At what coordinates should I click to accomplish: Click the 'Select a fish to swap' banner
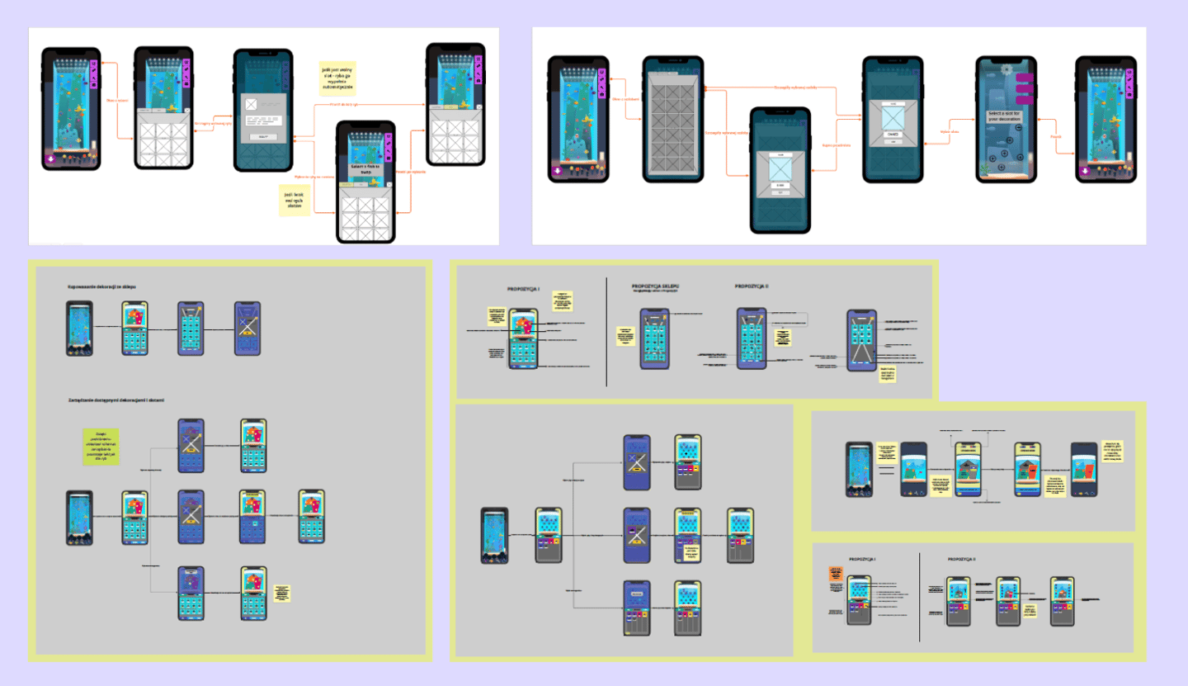click(365, 167)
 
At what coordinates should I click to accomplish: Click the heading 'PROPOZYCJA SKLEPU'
click(655, 286)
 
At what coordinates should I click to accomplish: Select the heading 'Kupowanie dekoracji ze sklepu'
click(101, 287)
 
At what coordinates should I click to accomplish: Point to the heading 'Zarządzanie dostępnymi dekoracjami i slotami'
click(116, 400)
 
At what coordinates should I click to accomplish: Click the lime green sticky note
click(101, 447)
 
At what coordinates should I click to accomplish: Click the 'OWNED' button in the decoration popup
click(893, 134)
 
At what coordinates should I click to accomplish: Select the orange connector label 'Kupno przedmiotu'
click(837, 145)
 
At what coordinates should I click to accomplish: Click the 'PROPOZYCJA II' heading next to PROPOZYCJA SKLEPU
click(752, 286)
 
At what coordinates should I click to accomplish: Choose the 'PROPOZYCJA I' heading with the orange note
click(862, 559)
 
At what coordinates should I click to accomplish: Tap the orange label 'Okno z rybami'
click(118, 101)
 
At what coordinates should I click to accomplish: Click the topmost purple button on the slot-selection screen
click(1025, 78)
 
